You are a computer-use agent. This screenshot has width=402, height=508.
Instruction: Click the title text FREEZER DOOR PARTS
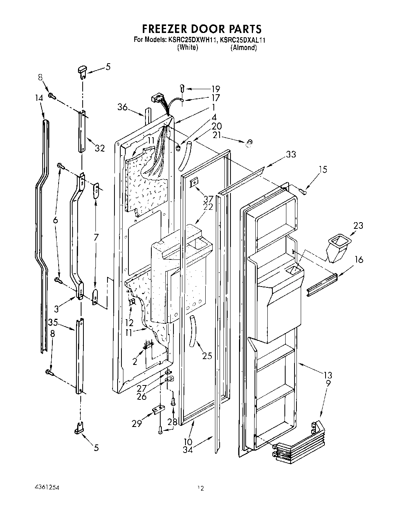point(201,29)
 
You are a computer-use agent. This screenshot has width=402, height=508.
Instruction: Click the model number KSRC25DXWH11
point(192,40)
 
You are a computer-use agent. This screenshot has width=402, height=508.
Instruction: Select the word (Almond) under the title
point(243,48)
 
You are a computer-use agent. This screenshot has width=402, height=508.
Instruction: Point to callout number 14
point(39,99)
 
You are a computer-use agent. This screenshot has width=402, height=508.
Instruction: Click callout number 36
point(123,107)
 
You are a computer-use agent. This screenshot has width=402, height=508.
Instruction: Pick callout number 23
point(358,225)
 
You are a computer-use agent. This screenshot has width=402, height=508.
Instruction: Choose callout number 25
point(207,355)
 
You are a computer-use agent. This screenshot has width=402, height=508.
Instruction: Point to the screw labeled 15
point(304,190)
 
